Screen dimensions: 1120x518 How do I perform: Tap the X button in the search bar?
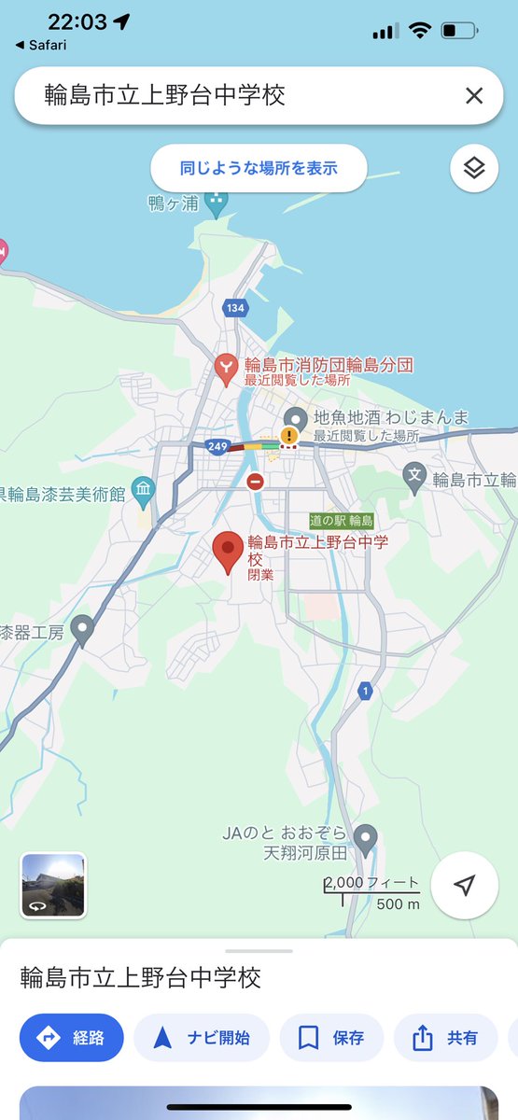point(474,95)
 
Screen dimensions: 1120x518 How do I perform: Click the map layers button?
point(474,169)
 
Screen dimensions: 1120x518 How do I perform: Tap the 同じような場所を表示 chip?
point(259,169)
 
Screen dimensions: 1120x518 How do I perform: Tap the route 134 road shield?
point(234,308)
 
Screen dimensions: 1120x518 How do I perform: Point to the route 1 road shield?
point(366,691)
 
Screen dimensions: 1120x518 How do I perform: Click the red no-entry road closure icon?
point(255,482)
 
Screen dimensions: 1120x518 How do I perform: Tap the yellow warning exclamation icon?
point(290,435)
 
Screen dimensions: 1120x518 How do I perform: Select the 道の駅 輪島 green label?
point(342,520)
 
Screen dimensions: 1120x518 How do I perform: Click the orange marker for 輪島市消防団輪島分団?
point(226,369)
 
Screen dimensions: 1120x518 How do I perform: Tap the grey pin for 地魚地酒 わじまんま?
point(296,419)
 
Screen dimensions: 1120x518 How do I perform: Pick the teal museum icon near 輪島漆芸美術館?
point(143,488)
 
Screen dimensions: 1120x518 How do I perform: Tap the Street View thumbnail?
point(53,886)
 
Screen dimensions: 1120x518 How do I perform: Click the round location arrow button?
point(465,886)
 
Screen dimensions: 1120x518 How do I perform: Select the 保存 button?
point(331,1038)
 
